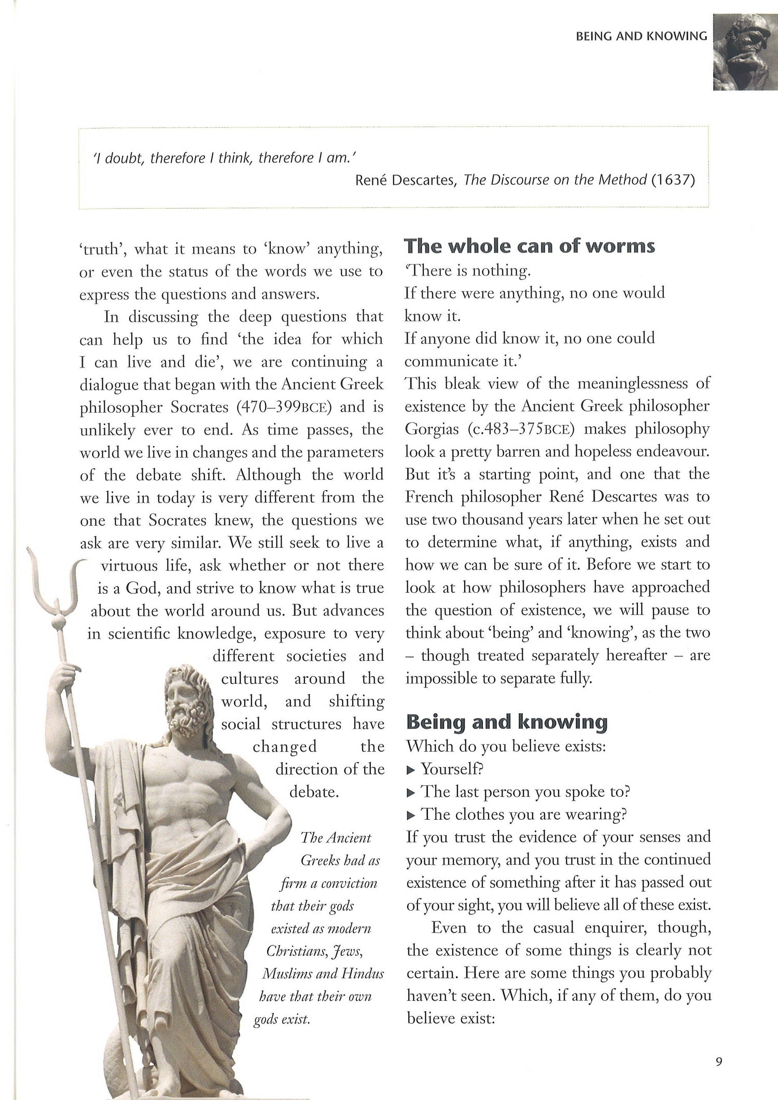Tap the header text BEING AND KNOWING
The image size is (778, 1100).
642,36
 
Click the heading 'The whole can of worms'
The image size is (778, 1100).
530,246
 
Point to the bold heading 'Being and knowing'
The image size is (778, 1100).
506,722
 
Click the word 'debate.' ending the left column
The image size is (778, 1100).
314,792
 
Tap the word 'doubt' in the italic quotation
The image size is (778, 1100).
125,158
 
